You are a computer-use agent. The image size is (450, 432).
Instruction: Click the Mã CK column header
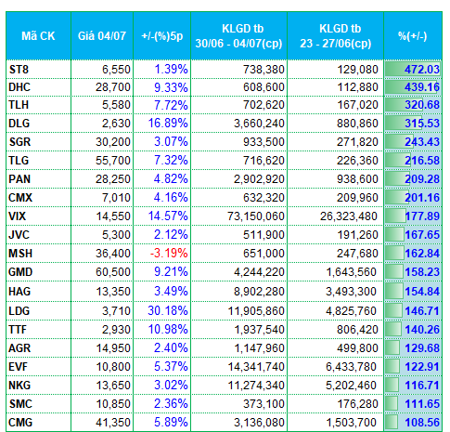tap(38, 36)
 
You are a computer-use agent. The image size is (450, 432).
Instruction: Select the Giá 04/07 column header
tap(102, 36)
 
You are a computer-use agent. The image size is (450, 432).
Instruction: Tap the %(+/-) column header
tap(413, 36)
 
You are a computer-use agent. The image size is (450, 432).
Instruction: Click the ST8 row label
tap(19, 70)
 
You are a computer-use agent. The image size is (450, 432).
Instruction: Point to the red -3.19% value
tap(169, 254)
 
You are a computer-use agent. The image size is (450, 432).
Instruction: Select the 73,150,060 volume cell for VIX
tap(256, 216)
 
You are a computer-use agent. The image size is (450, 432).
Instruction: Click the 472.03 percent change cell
tap(422, 69)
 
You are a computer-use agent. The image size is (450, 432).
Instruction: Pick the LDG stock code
tap(19, 311)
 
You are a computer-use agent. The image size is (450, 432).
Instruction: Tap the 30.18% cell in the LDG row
tap(168, 310)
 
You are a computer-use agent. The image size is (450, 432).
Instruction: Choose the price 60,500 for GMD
tap(113, 272)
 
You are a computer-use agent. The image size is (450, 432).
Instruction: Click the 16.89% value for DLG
tap(168, 123)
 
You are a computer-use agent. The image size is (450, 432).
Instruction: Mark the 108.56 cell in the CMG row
tap(422, 423)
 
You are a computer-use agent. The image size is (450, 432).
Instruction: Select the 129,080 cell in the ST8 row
tap(357, 70)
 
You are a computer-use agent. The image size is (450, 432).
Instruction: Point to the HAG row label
tap(19, 292)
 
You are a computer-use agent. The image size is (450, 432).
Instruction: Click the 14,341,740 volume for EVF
tap(256, 367)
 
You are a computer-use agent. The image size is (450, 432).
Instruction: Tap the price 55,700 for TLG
tap(113, 161)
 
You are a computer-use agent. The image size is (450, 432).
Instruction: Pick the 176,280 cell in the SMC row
tap(357, 404)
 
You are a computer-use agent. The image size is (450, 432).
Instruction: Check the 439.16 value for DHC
tap(422, 87)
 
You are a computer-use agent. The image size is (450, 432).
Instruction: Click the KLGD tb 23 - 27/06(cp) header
tap(336, 36)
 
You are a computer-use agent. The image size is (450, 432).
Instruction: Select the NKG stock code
tap(19, 386)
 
